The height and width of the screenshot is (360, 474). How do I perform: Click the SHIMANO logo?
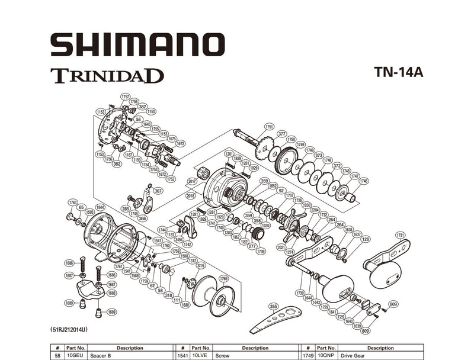point(137,45)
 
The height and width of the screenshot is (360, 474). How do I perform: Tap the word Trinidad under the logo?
point(107,76)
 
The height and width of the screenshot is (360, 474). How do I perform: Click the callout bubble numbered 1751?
point(270,127)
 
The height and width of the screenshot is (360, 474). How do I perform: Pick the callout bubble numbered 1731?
point(401,235)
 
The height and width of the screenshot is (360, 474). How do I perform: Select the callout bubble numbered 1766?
point(223,279)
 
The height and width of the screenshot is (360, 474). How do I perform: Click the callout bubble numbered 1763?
point(73,202)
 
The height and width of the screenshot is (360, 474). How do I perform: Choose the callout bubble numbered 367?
point(158,191)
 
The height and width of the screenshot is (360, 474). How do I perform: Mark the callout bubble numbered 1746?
point(364,181)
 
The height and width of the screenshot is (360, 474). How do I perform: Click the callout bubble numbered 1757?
point(125,96)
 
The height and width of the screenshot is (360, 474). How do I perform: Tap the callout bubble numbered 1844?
point(101,207)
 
